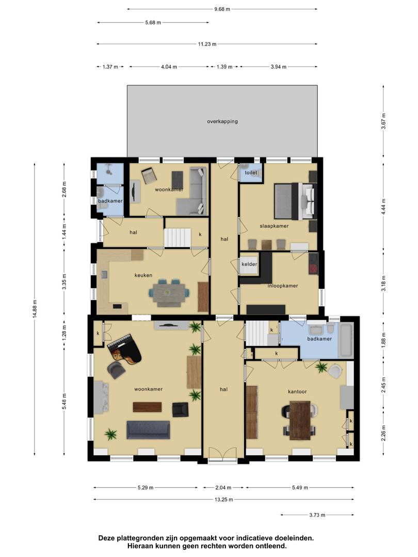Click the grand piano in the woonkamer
(124, 349)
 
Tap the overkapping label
(222, 122)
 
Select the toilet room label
(251, 173)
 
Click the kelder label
(249, 264)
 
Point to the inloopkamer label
(283, 286)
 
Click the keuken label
(143, 275)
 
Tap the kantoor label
(297, 391)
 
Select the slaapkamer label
(274, 226)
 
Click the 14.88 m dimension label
(35, 309)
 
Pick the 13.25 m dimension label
(224, 499)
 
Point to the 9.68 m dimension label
(222, 9)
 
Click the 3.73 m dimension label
(317, 515)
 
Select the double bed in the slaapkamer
(295, 201)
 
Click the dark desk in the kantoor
(300, 420)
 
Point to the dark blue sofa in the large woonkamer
(148, 430)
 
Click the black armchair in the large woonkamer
(180, 409)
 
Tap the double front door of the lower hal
(223, 455)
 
